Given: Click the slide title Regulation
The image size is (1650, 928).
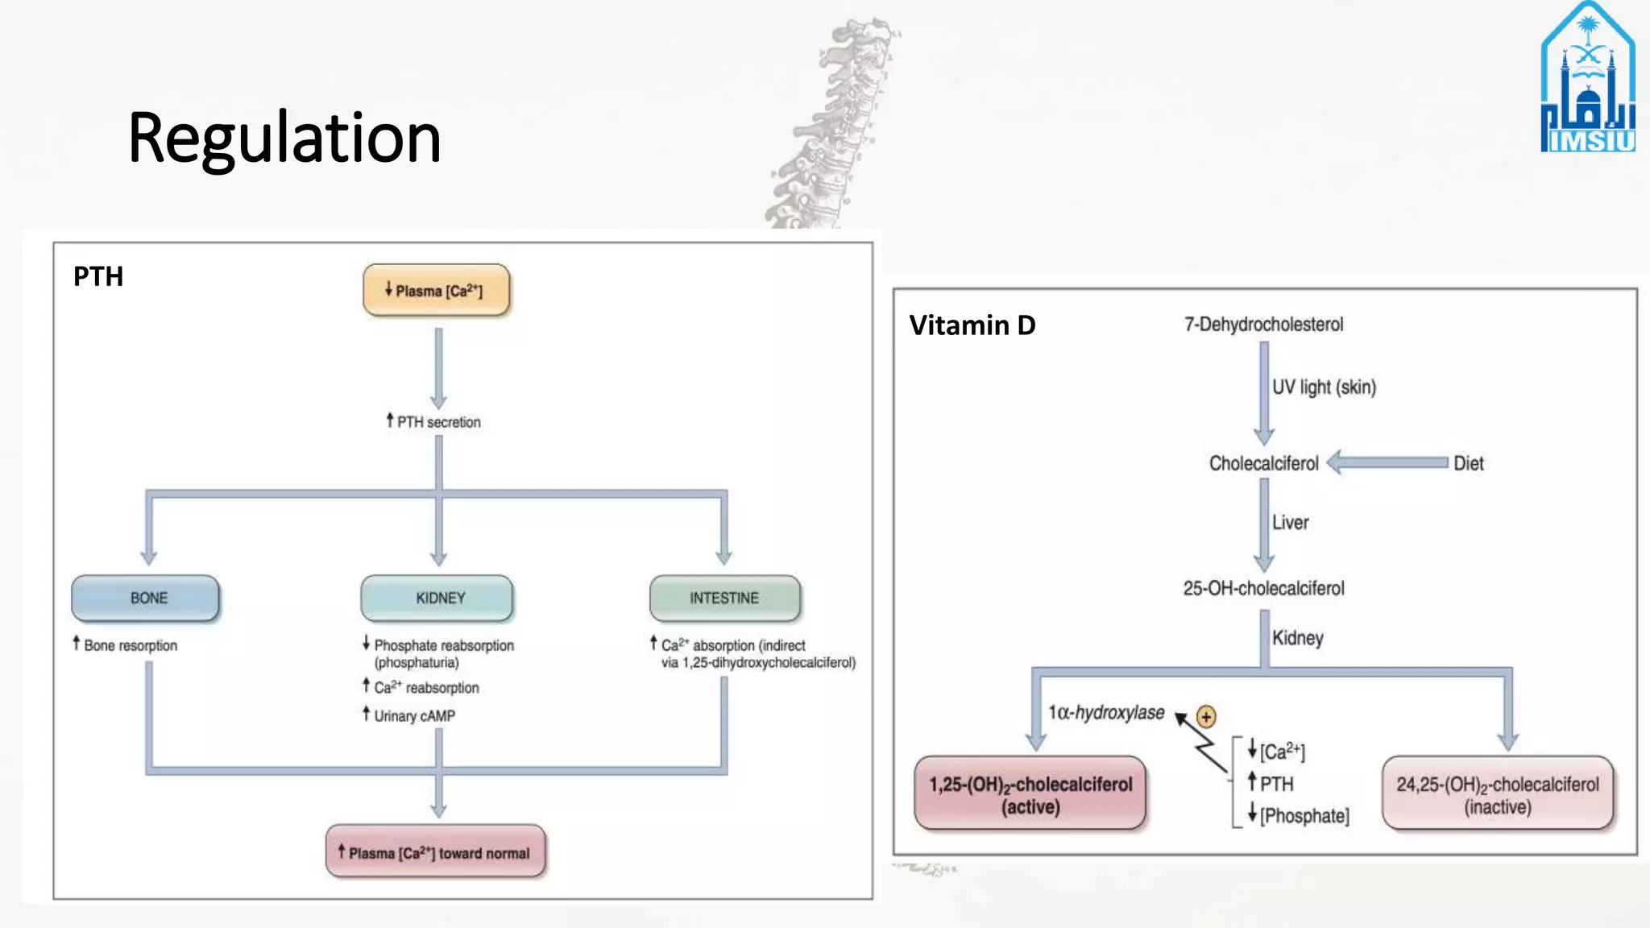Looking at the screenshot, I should click(x=284, y=139).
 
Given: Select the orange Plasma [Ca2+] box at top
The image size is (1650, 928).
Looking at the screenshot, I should click(x=436, y=290).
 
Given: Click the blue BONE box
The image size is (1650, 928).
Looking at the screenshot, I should click(x=146, y=598).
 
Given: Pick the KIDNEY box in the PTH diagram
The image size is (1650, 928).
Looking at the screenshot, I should click(x=437, y=598).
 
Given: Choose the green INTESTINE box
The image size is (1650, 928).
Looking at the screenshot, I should click(x=725, y=598).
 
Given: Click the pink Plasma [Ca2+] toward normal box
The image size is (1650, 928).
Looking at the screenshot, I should click(x=436, y=852).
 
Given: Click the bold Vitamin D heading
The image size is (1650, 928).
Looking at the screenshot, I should click(x=972, y=325).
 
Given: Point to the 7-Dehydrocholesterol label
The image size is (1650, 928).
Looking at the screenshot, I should click(x=1263, y=324).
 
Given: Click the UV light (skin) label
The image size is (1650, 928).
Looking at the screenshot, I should click(x=1324, y=387).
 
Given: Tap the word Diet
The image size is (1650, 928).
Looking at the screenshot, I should click(x=1468, y=463).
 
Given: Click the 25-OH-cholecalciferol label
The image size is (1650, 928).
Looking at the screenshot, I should click(x=1263, y=588).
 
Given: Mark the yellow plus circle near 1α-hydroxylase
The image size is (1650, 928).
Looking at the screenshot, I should click(x=1205, y=716).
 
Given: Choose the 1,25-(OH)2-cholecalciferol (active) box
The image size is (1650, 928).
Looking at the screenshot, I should click(x=1030, y=794).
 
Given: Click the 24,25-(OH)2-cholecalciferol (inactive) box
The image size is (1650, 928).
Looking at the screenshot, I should click(x=1498, y=794).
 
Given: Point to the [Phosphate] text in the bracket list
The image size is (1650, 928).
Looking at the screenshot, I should click(x=1304, y=815).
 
